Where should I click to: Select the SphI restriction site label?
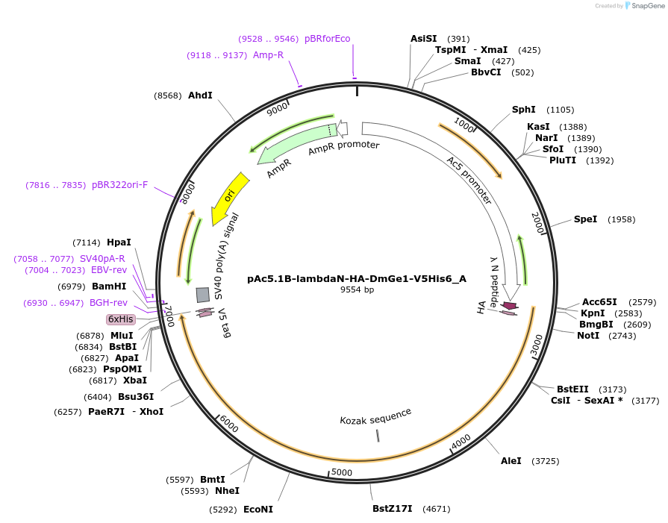tap(523, 110)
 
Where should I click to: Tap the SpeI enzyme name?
tap(585, 219)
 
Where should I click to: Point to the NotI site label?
tap(588, 336)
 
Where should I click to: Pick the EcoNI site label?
tap(258, 510)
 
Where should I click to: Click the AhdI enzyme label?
tap(200, 95)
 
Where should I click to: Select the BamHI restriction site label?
tap(109, 286)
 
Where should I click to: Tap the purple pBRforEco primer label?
tap(327, 39)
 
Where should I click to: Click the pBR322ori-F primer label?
tap(120, 185)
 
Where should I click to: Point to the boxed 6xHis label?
tap(121, 319)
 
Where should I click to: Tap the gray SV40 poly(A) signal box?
tap(202, 295)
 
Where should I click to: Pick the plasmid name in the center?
tap(356, 279)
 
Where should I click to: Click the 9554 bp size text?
tap(356, 289)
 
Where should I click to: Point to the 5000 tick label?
tap(341, 472)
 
